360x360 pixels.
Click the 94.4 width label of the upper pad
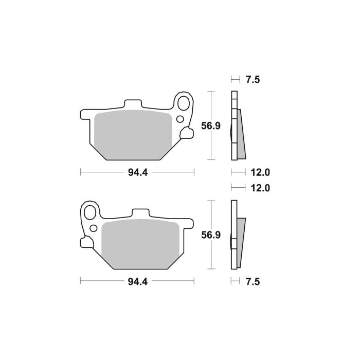pyautogui.click(x=138, y=173)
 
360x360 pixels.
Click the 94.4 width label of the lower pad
pyautogui.click(x=138, y=282)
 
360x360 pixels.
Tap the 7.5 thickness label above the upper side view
pyautogui.click(x=253, y=80)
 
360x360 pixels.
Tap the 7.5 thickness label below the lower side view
pyautogui.click(x=253, y=282)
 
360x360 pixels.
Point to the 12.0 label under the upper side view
pyautogui.click(x=260, y=173)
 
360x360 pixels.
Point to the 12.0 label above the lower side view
pyautogui.click(x=260, y=188)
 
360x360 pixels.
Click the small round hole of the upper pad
pyautogui.click(x=179, y=120)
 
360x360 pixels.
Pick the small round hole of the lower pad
pyautogui.click(x=94, y=228)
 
